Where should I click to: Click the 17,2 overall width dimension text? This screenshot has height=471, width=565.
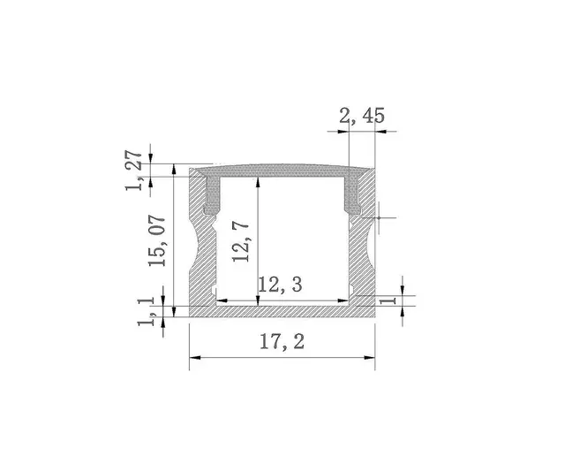282,342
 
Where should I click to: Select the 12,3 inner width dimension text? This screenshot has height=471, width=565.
281,285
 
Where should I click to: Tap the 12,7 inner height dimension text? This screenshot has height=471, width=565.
239,241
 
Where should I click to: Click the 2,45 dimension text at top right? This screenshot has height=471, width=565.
361,115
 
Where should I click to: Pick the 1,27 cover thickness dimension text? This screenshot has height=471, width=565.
134,170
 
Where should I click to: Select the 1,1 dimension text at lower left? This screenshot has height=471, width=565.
147,311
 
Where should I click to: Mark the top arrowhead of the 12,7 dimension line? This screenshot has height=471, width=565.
257,181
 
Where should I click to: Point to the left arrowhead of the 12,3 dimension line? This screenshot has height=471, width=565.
221,300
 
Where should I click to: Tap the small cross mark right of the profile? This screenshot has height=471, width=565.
378,217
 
